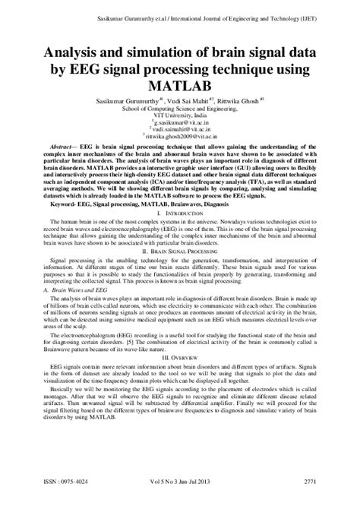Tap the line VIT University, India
pyautogui.click(x=180, y=114)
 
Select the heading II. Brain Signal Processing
pyautogui.click(x=180, y=249)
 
